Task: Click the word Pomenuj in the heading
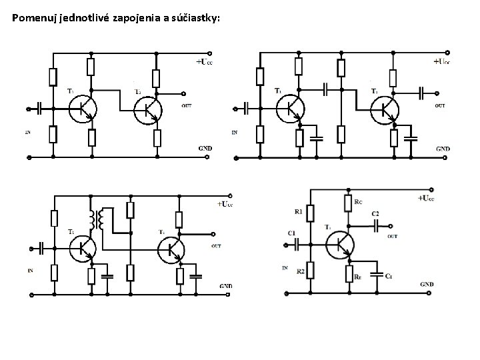[34, 18]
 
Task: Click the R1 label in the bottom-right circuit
[297, 212]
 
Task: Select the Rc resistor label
[359, 201]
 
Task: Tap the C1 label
[292, 233]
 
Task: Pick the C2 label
[375, 213]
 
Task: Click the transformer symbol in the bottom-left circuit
[97, 219]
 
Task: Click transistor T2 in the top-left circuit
[147, 111]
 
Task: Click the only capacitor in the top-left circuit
[41, 108]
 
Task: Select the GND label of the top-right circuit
[443, 149]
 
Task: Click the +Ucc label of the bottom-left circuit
[225, 203]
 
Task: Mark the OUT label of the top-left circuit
[186, 106]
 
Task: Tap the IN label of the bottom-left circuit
[29, 271]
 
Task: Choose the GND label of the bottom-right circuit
[427, 284]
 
